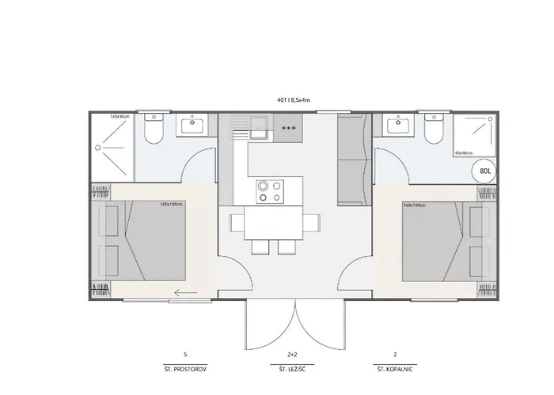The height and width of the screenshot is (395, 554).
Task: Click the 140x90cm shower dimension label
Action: (120, 117)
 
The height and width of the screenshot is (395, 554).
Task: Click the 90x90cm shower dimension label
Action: (464, 152)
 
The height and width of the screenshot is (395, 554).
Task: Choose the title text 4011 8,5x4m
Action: (288, 100)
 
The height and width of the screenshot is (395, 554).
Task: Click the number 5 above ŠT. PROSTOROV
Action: (184, 355)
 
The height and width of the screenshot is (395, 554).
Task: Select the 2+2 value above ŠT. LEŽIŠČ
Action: (292, 355)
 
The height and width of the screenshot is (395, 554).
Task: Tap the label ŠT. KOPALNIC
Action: (395, 369)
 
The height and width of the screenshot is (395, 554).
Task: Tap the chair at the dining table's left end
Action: (234, 224)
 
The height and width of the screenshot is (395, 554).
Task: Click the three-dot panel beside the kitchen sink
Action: (287, 127)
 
